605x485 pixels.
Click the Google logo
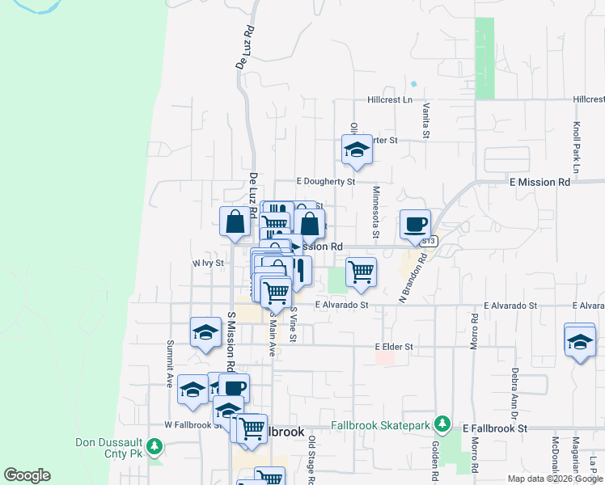pos(27,475)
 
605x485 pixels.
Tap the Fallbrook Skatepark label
pos(382,425)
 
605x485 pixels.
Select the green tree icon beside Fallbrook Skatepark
pos(442,424)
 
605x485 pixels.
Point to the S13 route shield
pos(429,241)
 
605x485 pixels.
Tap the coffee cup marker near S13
pos(416,225)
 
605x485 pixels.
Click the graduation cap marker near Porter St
pos(357,150)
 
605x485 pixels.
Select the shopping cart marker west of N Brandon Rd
pos(361,271)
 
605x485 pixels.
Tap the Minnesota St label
pos(376,213)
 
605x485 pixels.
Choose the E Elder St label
pos(394,347)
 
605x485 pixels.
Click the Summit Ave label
pos(170,365)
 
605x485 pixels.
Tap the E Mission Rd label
pos(540,183)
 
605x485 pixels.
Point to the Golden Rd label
pos(434,457)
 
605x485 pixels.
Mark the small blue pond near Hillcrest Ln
pos(414,83)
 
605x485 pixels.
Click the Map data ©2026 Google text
pos(554,479)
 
